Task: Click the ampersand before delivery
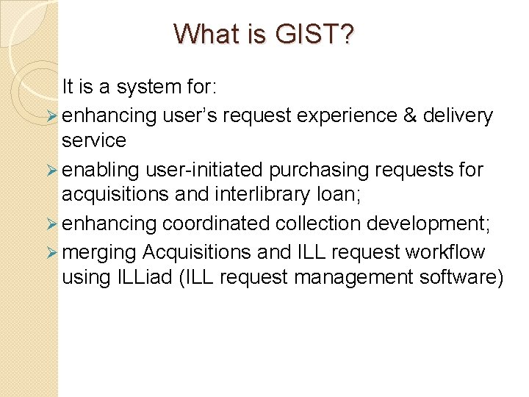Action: tap(409, 115)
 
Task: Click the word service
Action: tap(94, 140)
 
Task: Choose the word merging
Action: tap(99, 252)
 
